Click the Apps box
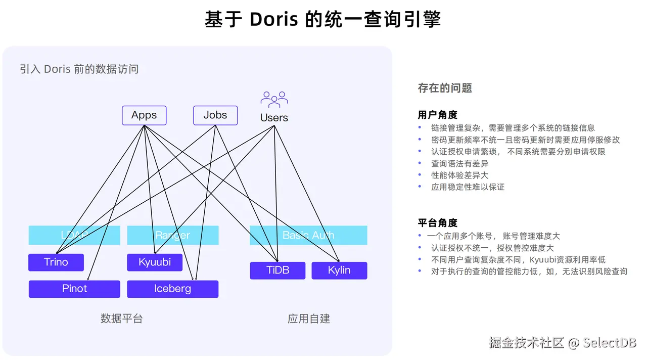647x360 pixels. pyautogui.click(x=144, y=115)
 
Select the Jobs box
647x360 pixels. pyautogui.click(x=215, y=115)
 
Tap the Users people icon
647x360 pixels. pyautogui.click(x=274, y=99)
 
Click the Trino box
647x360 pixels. pyautogui.click(x=56, y=262)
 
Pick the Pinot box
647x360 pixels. pyautogui.click(x=74, y=289)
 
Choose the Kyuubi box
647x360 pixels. pyautogui.click(x=155, y=262)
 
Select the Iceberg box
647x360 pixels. pyautogui.click(x=172, y=289)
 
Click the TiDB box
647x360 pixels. pyautogui.click(x=278, y=271)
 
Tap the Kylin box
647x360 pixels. pyautogui.click(x=339, y=271)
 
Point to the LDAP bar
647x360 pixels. pyautogui.click(x=74, y=235)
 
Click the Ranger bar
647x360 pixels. pyautogui.click(x=172, y=235)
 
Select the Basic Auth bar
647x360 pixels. pyautogui.click(x=308, y=235)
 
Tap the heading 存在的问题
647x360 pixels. pyautogui.click(x=445, y=88)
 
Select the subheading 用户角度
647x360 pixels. pyautogui.click(x=438, y=115)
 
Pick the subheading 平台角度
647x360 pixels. pyautogui.click(x=438, y=222)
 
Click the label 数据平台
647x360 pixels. pyautogui.click(x=122, y=319)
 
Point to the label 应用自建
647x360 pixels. pyautogui.click(x=309, y=319)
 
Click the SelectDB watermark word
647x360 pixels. pyautogui.click(x=610, y=343)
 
